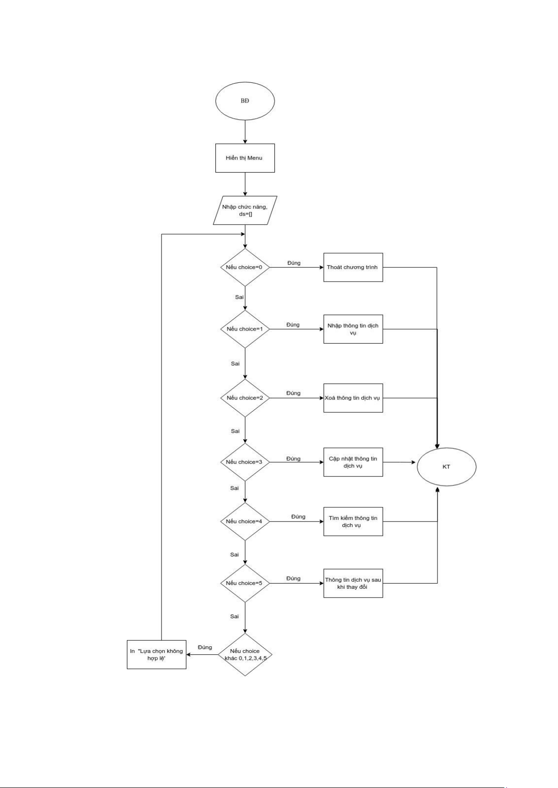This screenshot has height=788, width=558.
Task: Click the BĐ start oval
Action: tap(245, 101)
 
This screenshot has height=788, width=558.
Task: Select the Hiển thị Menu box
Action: tap(245, 158)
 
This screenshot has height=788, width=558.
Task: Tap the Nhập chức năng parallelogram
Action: tap(245, 210)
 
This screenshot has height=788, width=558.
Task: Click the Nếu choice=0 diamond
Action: tap(245, 267)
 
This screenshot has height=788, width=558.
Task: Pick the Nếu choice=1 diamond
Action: tap(245, 329)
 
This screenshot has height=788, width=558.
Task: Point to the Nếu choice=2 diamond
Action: tap(245, 398)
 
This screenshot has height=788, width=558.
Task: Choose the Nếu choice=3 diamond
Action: tap(245, 462)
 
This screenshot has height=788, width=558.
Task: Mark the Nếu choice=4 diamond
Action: tap(245, 521)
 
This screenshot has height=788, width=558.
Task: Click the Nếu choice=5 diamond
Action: tap(245, 583)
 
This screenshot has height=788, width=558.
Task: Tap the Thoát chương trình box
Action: tap(353, 267)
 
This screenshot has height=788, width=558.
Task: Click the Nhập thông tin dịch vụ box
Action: tap(353, 329)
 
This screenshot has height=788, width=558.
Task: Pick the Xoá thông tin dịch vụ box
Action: tap(353, 398)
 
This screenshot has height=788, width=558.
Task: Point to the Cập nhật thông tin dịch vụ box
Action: tap(353, 462)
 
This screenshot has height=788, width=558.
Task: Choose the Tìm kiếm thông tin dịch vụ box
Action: tap(353, 521)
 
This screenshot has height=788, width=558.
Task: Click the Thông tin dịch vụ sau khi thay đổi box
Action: tap(353, 583)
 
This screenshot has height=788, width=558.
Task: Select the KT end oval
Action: tap(446, 467)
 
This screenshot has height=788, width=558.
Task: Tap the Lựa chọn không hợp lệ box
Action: tap(156, 654)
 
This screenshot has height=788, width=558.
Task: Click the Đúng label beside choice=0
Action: tap(294, 263)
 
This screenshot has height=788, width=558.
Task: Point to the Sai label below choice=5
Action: tap(235, 616)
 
